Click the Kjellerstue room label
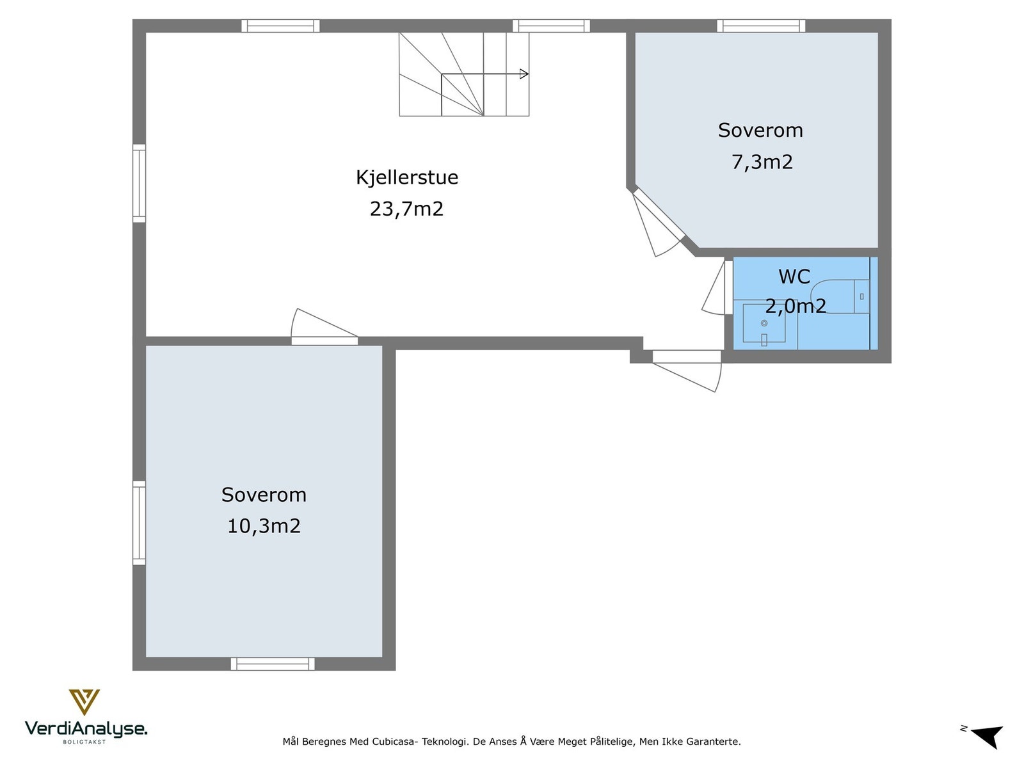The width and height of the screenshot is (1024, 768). [x=407, y=177]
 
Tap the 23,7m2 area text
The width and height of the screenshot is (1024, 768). [x=406, y=209]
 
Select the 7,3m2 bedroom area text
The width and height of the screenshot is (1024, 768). [x=762, y=162]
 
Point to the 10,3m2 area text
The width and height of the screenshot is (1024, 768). [x=264, y=526]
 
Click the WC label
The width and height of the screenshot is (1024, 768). [x=794, y=276]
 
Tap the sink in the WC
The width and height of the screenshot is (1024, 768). [x=764, y=324]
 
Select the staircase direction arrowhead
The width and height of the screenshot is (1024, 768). [x=524, y=74]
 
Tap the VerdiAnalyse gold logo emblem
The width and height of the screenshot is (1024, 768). [x=84, y=701]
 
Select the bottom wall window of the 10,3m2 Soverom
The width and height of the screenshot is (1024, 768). [x=273, y=664]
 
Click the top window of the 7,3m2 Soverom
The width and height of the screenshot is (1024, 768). [x=761, y=26]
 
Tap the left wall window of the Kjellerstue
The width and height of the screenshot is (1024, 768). [x=139, y=184]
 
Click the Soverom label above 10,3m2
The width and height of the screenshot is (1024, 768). [x=264, y=495]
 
